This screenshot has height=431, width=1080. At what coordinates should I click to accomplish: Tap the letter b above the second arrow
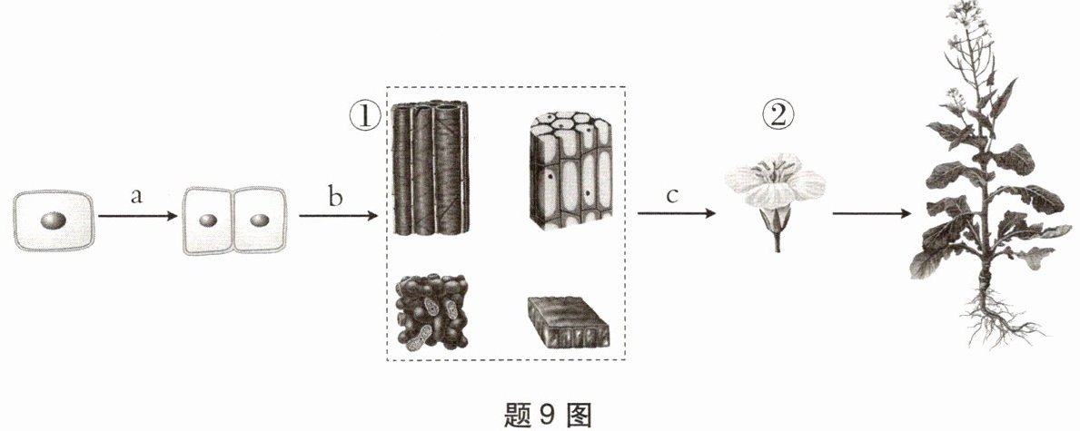point(335,197)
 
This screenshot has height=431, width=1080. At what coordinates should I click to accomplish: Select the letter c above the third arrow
point(673,196)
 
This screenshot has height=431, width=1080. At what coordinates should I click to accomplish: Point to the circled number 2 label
point(778,116)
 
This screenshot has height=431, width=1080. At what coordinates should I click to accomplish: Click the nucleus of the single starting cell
point(54,220)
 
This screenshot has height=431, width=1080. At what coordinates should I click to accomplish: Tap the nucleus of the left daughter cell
point(209,220)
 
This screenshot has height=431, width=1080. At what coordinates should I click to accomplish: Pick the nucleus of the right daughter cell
point(259,220)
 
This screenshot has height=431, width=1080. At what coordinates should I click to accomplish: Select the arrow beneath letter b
point(336,216)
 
